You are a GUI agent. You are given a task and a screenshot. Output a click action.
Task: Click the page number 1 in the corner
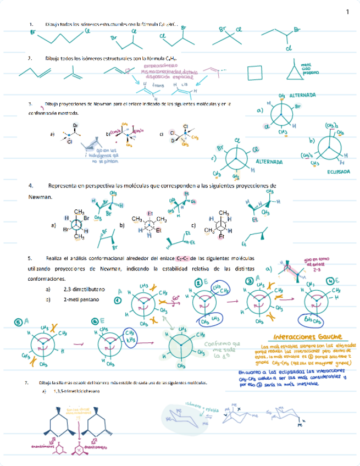pos(347,12)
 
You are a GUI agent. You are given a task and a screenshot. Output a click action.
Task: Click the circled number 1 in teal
pos(117,301)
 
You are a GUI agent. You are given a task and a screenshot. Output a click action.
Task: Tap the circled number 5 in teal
pos(18,322)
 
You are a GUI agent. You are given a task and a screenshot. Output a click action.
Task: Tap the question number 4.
pos(31,186)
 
